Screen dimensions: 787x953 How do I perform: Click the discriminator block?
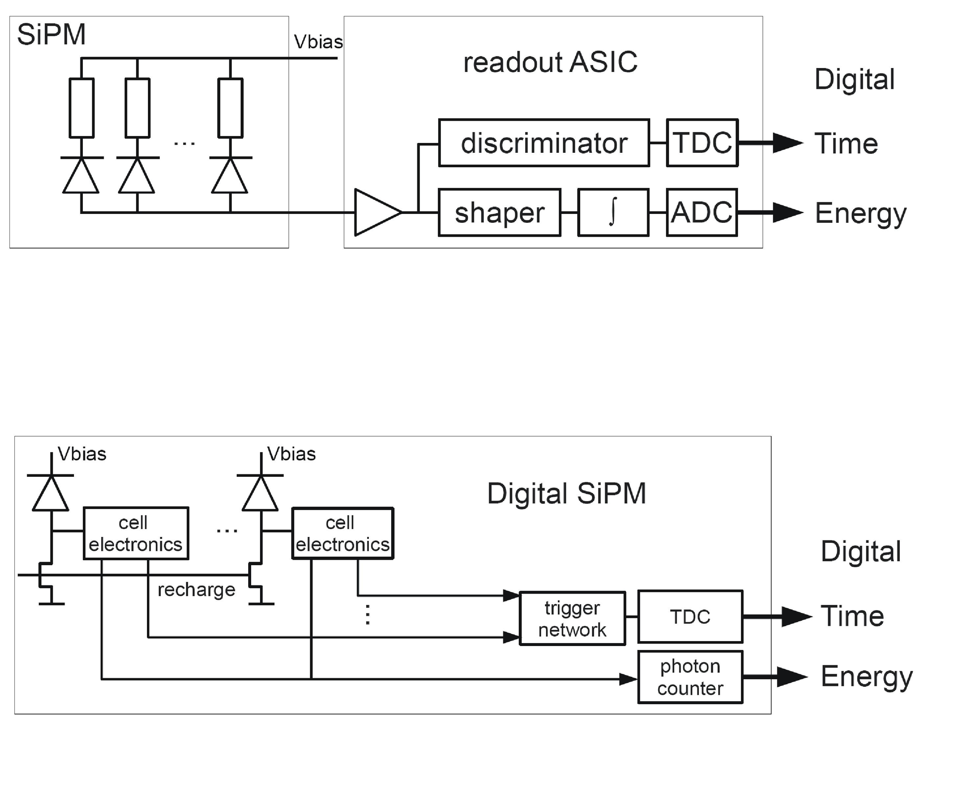click(544, 143)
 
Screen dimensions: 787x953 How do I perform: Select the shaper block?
click(499, 212)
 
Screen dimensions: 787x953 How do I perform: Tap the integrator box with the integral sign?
click(613, 212)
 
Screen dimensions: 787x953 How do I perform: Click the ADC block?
click(701, 212)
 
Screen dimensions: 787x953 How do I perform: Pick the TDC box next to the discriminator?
click(702, 143)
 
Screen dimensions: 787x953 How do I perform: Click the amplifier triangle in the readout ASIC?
click(375, 212)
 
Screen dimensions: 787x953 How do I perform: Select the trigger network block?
click(572, 618)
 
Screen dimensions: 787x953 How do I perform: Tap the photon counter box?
click(690, 677)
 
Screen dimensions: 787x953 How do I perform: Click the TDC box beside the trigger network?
click(690, 617)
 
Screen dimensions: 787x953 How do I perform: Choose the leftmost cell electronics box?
click(136, 533)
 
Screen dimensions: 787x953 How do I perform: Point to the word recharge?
click(196, 590)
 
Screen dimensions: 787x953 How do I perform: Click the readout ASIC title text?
click(550, 63)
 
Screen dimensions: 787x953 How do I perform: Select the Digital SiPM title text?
click(566, 494)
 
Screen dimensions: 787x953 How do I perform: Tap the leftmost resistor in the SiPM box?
click(81, 108)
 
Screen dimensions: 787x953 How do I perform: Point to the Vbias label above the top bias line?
click(318, 42)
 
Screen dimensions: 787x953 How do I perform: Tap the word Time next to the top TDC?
click(846, 144)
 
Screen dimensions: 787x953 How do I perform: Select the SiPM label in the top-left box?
click(51, 35)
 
